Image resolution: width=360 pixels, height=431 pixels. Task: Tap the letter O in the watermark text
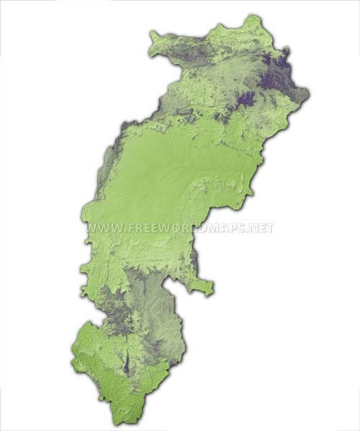tap(176, 229)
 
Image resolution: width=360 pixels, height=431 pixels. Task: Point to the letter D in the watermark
tap(207, 229)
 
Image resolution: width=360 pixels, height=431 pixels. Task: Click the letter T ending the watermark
tap(271, 229)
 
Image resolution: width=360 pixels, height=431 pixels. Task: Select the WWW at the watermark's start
tap(104, 229)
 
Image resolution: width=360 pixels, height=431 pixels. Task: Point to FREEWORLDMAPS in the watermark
tap(187, 229)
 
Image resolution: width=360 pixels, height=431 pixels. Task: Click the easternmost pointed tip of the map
tap(308, 94)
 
